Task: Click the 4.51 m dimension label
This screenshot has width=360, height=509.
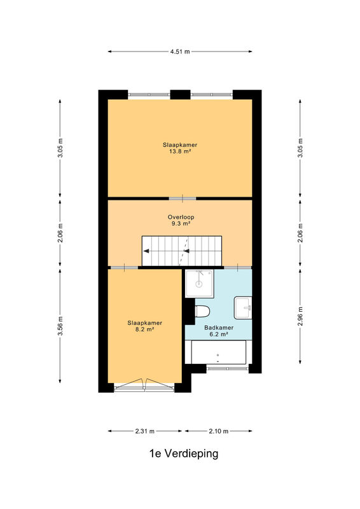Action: pos(180,52)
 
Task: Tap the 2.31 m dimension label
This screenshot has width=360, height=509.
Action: pos(145,431)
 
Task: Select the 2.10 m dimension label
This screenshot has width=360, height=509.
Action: pos(218,431)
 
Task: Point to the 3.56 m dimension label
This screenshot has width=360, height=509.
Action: pos(60,326)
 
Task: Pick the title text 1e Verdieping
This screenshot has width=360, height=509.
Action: pos(184,453)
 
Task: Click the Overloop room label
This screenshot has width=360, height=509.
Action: pos(181,217)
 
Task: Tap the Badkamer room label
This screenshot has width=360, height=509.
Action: pos(219,328)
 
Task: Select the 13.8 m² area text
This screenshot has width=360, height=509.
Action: pos(180,151)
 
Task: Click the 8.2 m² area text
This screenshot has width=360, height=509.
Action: pos(145,329)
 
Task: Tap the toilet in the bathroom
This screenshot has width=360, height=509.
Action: pos(202,312)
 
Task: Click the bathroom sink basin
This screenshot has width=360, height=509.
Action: pos(243,307)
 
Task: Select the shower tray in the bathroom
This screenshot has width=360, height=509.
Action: pos(199,283)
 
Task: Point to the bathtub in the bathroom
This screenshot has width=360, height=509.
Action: pos(218,352)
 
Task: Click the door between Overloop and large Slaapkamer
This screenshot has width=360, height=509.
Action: pos(183,199)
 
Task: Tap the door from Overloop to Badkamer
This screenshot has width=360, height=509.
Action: pos(238,267)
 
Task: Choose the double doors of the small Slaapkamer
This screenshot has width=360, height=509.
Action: pos(145,384)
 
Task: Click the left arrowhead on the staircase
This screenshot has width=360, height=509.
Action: pos(146,251)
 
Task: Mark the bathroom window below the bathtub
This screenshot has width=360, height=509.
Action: pos(228,368)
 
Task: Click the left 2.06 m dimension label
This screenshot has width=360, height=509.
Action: pos(60,234)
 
